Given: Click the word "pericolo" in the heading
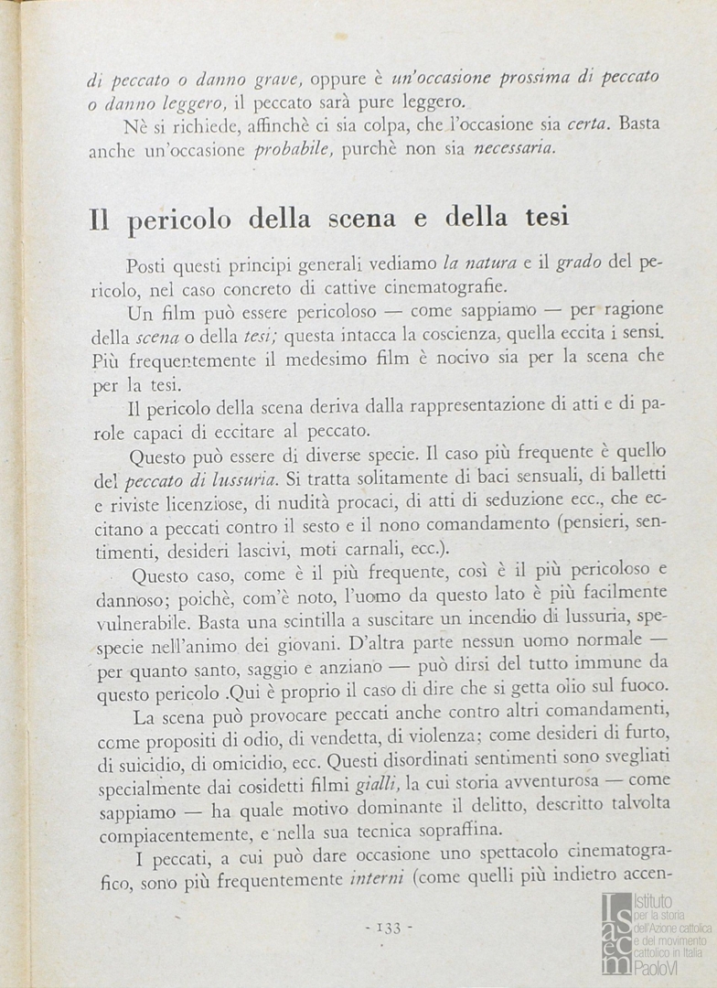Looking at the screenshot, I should tap(185, 220).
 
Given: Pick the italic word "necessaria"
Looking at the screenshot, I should tap(514, 146).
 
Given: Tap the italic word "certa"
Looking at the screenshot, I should tap(587, 123).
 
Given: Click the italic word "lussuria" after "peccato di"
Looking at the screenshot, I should tap(246, 478).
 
